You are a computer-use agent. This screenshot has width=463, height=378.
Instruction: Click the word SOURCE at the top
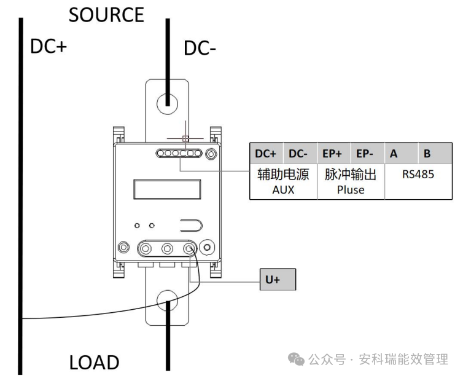coord(106,15)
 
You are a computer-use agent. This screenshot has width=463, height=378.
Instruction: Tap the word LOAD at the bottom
coord(94,363)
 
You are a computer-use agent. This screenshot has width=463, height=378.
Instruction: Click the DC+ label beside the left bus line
coord(49,47)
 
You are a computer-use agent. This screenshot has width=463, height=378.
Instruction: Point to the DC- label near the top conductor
coord(200,49)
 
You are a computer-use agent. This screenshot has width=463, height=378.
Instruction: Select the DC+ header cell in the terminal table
coord(266,154)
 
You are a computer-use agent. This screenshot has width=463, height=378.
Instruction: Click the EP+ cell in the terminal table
coord(333,154)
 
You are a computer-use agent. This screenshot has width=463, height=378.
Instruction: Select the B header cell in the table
coord(427,154)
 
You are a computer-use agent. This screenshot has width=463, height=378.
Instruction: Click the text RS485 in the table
coord(418,175)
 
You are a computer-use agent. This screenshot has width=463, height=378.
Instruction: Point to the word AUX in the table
coord(283,190)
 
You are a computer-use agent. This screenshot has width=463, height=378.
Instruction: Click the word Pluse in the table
coord(351,190)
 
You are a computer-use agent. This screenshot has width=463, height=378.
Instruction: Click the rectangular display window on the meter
coord(168,189)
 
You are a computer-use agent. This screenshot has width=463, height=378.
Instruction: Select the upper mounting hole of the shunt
coord(167,102)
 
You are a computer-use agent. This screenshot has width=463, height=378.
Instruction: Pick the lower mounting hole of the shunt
coord(167,302)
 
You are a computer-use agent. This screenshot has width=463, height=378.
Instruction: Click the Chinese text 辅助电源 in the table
coord(283,175)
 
